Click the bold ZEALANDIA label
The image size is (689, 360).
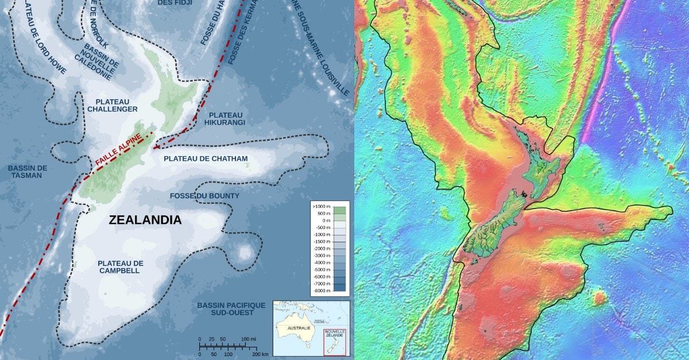[145, 220]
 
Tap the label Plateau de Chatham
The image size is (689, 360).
[206, 158]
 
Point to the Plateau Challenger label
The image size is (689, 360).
[113, 104]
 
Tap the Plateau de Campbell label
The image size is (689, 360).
[121, 267]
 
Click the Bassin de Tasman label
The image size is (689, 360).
[28, 172]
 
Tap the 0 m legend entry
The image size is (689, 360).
[324, 220]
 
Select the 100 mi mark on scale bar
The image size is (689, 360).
[249, 339]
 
